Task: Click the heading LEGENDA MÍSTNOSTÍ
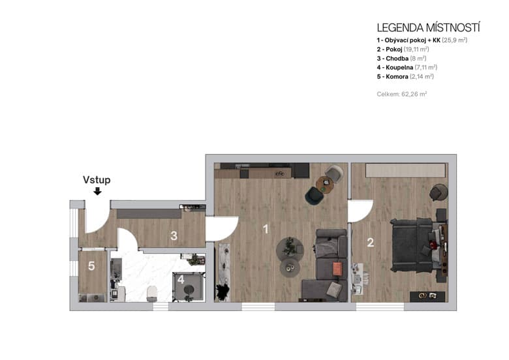tap(428, 27)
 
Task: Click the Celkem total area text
tap(402, 94)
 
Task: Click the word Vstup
tap(97, 180)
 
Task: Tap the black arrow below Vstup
tap(97, 191)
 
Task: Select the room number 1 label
tap(266, 229)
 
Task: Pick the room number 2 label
tap(370, 243)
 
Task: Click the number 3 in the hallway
tap(174, 236)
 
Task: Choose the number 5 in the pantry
tap(91, 266)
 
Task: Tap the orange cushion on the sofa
tap(337, 268)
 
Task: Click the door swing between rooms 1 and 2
tap(359, 211)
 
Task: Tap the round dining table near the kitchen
tap(324, 185)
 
